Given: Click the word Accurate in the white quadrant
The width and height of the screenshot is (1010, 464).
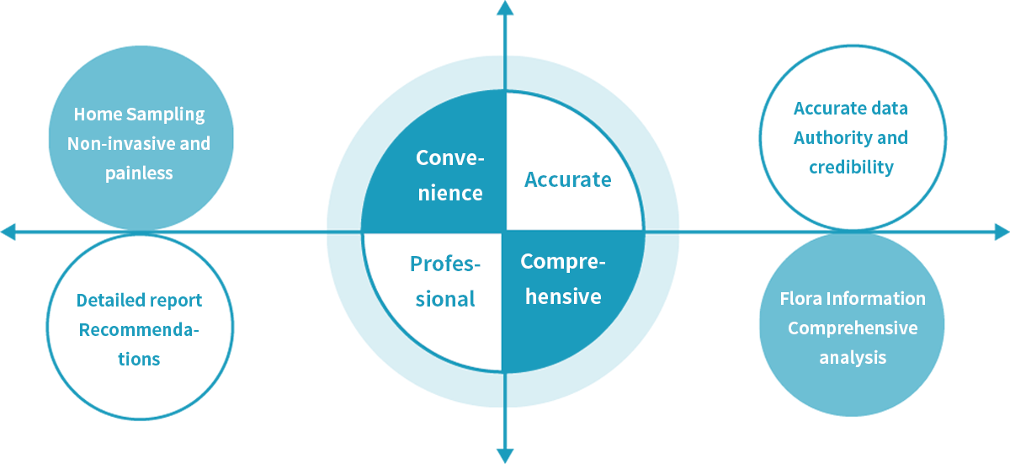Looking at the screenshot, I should [x=567, y=179].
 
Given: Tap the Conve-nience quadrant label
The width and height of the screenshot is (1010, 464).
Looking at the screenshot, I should [x=449, y=175].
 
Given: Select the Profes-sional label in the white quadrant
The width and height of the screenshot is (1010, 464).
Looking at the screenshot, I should [x=445, y=281].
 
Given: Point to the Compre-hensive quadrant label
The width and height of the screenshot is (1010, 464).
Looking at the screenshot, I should [x=562, y=279].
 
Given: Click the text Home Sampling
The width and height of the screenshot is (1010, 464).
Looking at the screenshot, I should [x=139, y=115].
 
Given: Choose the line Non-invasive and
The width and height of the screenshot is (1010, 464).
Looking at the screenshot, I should [x=139, y=144].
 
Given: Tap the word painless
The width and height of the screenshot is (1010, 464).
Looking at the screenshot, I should [x=139, y=173].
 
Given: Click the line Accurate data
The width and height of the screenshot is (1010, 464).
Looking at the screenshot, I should [x=848, y=109].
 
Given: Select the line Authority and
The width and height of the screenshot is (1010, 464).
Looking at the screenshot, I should [x=848, y=138].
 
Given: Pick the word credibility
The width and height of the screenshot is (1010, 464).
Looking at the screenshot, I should [x=851, y=167].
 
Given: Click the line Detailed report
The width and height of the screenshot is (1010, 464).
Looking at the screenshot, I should [x=141, y=301].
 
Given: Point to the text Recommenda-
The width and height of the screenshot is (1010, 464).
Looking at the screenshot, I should [x=140, y=330].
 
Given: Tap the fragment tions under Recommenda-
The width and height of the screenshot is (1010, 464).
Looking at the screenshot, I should [x=139, y=359].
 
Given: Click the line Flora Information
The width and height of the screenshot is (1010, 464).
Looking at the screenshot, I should [x=853, y=299].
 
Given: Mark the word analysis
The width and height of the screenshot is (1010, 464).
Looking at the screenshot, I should [x=853, y=358].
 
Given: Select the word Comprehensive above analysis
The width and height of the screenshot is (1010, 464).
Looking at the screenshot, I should [x=853, y=328].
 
